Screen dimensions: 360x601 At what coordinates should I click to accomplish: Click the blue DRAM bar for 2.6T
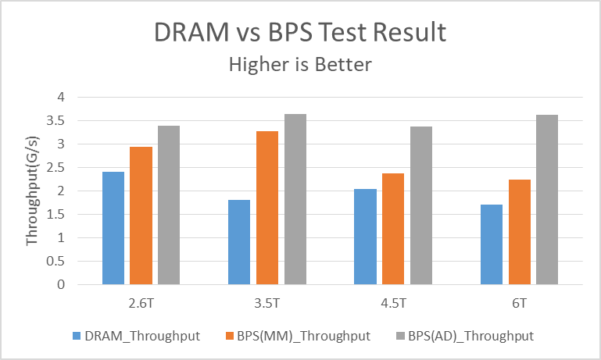[x=113, y=228]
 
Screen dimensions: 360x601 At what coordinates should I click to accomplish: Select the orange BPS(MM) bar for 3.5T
[x=267, y=208]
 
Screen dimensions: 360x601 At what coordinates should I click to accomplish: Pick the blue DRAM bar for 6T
[x=491, y=244]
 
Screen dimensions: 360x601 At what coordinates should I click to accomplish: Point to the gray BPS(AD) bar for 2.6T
[x=169, y=205]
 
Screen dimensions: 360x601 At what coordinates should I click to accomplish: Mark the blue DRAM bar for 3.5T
[x=239, y=242]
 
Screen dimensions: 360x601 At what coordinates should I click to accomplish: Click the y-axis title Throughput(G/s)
[x=32, y=191]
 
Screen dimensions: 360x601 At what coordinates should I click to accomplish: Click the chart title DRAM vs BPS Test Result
[x=300, y=33]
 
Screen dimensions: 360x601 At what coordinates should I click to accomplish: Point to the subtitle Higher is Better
[x=300, y=65]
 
